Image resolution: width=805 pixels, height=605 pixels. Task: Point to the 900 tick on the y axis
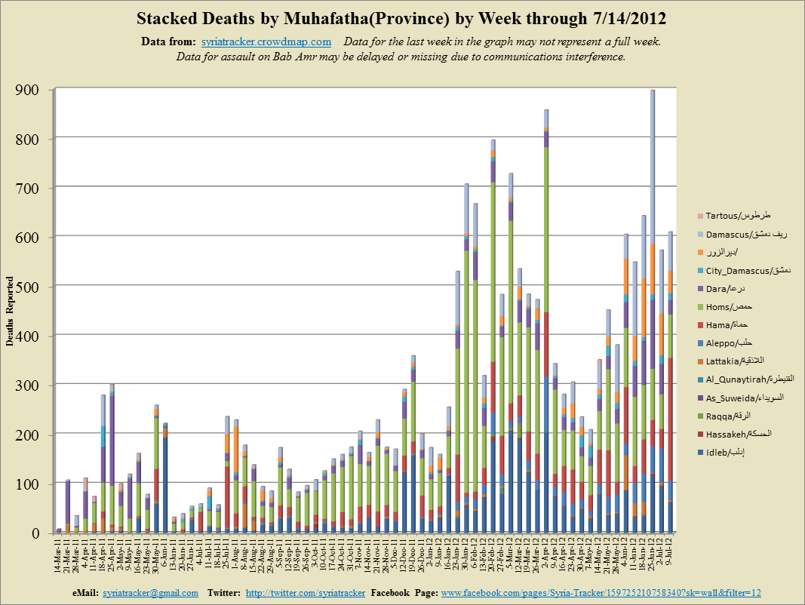[x=35, y=91]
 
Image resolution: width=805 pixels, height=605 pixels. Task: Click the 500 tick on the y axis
[x=35, y=287]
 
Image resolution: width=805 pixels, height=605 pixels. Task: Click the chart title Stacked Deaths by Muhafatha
[x=402, y=17]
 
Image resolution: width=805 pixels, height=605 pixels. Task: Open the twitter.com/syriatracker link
[x=306, y=593]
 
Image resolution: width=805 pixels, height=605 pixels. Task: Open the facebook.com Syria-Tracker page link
[x=601, y=593]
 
